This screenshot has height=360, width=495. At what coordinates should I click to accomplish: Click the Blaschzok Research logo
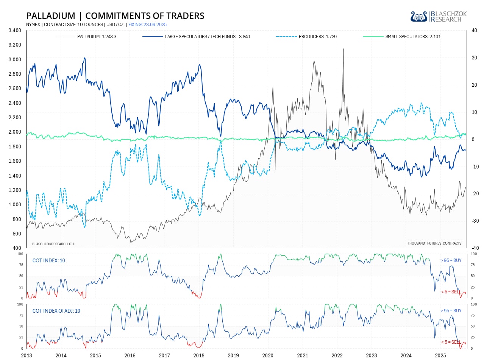[x=439, y=16]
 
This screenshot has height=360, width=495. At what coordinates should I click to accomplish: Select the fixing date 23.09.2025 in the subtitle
[x=155, y=25]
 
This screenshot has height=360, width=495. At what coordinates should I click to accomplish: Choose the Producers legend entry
[x=317, y=37]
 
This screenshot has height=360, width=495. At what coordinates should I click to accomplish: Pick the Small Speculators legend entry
[x=413, y=37]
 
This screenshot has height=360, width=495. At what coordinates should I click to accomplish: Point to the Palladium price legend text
[x=97, y=37]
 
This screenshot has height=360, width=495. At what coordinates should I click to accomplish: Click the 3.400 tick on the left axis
[x=15, y=30]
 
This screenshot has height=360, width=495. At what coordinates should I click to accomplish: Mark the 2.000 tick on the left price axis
[x=15, y=132]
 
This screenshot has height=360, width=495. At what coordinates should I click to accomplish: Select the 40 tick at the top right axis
[x=474, y=31]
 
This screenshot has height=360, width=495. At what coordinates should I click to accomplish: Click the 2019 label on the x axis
[x=233, y=355]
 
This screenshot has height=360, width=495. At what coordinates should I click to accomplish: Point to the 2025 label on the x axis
[x=440, y=355]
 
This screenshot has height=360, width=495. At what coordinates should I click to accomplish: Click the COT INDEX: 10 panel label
[x=48, y=260]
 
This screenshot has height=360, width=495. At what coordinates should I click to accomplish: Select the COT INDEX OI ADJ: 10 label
[x=56, y=311]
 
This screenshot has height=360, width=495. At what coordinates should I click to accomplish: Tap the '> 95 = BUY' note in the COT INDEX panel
[x=451, y=260]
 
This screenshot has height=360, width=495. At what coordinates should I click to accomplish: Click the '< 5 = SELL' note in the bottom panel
[x=451, y=342]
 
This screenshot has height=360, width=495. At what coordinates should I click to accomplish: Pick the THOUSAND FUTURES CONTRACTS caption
[x=434, y=243]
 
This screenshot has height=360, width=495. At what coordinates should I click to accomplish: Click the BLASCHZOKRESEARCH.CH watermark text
[x=53, y=244]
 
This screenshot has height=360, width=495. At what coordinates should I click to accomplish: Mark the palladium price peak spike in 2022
[x=343, y=49]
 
